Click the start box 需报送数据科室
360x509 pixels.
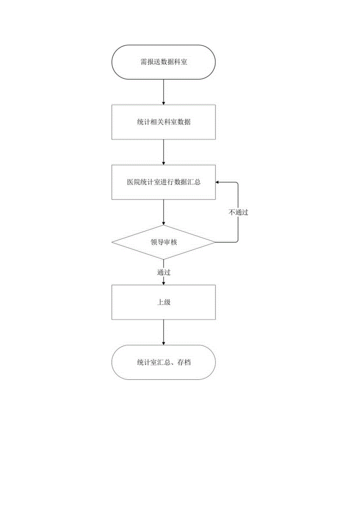pyautogui.click(x=164, y=62)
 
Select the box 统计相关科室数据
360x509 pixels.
pyautogui.click(x=164, y=122)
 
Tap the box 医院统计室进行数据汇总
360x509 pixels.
pyautogui.click(x=164, y=182)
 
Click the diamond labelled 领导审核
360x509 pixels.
pyautogui.click(x=164, y=242)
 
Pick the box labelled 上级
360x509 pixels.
pyautogui.click(x=164, y=302)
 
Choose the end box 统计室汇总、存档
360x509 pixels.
pyautogui.click(x=164, y=362)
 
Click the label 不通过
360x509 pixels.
pyautogui.click(x=238, y=212)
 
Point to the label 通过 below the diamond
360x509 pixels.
pyautogui.click(x=164, y=272)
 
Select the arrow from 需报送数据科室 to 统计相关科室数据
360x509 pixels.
pyautogui.click(x=164, y=92)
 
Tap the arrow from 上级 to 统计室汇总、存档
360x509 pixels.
pyautogui.click(x=164, y=332)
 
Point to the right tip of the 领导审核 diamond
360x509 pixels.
pyautogui.click(x=214, y=242)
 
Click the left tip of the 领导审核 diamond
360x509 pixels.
pyautogui.click(x=113, y=242)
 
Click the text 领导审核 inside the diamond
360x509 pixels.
pyautogui.click(x=164, y=242)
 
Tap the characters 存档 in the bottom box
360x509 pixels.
pyautogui.click(x=184, y=363)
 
